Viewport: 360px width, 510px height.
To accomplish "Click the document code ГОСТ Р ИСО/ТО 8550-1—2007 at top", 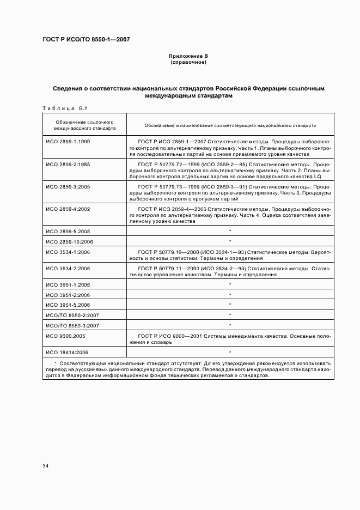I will click(x=86, y=40).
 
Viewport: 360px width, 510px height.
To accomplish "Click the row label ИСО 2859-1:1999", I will click(x=68, y=141).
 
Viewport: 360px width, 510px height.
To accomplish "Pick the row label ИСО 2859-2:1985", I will click(x=68, y=163).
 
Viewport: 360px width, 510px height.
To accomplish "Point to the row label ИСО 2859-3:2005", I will click(x=68, y=186).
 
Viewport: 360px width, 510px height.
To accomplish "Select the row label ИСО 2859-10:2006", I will click(x=69, y=241).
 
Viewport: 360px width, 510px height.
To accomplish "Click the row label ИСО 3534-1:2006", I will click(x=68, y=252).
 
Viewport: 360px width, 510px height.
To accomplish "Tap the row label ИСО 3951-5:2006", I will click(x=68, y=305).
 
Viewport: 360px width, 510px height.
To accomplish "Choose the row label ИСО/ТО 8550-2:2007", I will click(x=71, y=315).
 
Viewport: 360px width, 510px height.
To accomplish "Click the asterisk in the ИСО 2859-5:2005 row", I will click(x=230, y=231).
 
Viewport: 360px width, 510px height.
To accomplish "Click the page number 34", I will click(x=46, y=466).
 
